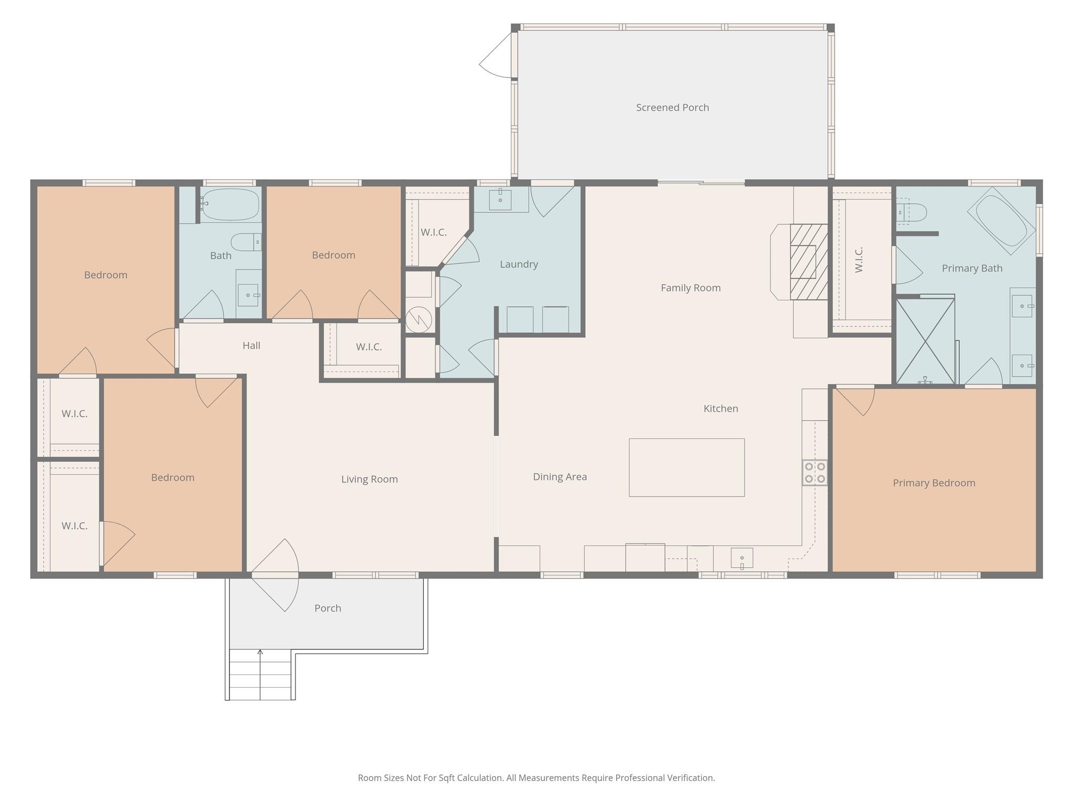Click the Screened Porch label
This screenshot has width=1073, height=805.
point(672,107)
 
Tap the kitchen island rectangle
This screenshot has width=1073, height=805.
point(686,467)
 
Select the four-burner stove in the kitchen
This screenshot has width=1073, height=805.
point(815,472)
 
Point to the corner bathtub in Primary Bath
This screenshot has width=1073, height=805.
point(1001,221)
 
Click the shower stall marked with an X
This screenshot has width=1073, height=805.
point(925,341)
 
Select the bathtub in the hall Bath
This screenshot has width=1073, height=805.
point(231,204)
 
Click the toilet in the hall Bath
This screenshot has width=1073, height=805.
point(246,242)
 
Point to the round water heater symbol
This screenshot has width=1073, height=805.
point(419,319)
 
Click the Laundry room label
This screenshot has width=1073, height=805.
point(519,264)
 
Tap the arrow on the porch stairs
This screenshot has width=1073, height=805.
point(260,653)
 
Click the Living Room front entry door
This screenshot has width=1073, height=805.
point(275,575)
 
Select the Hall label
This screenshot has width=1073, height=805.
point(251,345)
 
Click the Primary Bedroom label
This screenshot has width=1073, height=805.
point(934,483)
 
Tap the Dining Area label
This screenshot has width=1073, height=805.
point(560,477)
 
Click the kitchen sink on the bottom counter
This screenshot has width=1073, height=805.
point(742,558)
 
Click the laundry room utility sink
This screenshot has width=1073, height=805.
point(500,200)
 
